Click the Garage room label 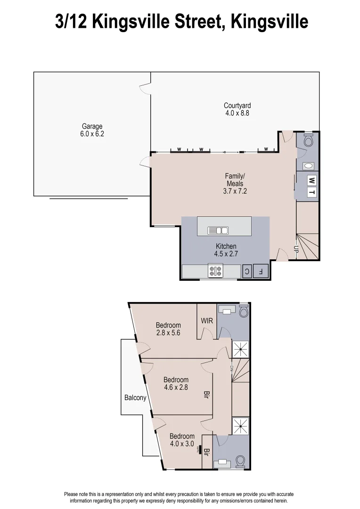(92, 126)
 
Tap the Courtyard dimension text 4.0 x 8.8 (237, 114)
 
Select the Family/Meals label (235, 180)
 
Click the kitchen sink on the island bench (218, 230)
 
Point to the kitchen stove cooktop (216, 271)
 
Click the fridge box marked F (260, 271)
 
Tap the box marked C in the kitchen (246, 271)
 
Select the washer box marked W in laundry (311, 180)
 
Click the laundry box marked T (311, 192)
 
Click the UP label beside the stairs (296, 250)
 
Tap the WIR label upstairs (207, 321)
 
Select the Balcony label (135, 398)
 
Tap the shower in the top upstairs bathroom (241, 349)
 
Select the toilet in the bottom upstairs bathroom (240, 460)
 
